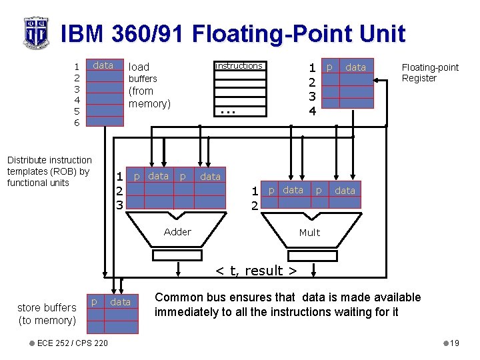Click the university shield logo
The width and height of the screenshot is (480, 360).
[x=35, y=32]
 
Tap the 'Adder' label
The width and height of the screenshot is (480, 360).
[x=177, y=232]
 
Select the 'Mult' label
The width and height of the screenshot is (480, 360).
[x=309, y=233]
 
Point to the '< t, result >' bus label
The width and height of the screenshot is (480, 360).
[x=255, y=271]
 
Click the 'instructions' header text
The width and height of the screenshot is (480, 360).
[x=239, y=66]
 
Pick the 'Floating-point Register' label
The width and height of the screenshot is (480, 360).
[x=429, y=73]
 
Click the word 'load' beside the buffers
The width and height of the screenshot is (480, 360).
[x=139, y=67]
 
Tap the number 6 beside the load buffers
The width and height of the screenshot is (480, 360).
[x=77, y=123]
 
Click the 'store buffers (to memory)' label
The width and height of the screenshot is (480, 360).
[x=47, y=314]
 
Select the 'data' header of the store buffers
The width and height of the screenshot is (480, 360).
[x=120, y=302]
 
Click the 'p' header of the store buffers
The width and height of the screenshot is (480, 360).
[x=94, y=302]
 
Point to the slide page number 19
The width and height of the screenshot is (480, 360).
[x=455, y=343]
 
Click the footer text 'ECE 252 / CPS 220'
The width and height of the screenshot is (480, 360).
[x=73, y=343]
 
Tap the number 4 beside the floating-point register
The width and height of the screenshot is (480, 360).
[x=311, y=111]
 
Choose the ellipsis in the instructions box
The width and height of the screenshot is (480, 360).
[x=228, y=111]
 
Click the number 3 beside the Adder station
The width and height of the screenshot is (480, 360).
[x=119, y=205]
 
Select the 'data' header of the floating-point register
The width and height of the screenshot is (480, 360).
[x=355, y=67]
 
